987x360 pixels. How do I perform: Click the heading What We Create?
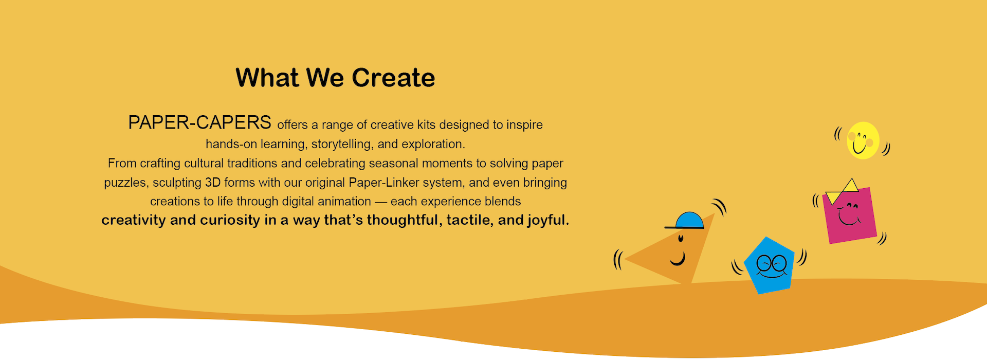coord(335,78)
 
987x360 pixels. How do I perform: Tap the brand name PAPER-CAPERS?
coord(199,123)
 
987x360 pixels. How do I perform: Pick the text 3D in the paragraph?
coord(213,183)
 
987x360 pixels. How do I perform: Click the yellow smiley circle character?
coord(863,140)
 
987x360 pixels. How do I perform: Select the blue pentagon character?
coord(770,265)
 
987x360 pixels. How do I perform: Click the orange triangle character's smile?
coord(679,259)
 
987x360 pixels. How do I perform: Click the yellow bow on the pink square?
coord(842,191)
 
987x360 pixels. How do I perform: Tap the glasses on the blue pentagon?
coord(772,264)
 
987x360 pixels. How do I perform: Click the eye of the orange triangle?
coord(681,238)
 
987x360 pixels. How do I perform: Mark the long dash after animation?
coord(381,202)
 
